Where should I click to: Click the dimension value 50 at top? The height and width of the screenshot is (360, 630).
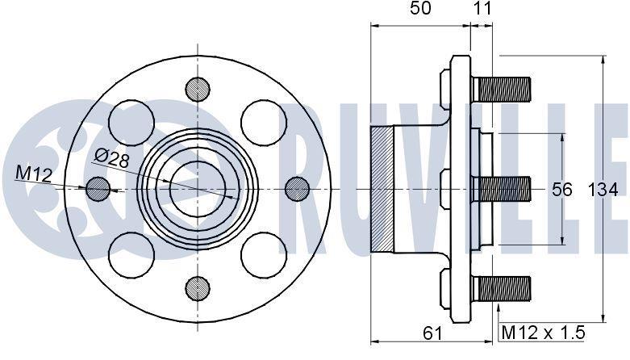click(x=420, y=8)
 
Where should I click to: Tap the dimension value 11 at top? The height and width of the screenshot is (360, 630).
click(x=482, y=8)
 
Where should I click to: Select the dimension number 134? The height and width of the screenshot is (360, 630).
click(x=603, y=190)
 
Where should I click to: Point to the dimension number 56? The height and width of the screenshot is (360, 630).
click(x=561, y=190)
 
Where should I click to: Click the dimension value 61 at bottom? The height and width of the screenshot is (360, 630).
click(x=432, y=333)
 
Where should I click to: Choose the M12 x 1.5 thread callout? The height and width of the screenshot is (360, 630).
click(x=543, y=333)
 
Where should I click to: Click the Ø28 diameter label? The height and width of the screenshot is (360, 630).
click(x=112, y=158)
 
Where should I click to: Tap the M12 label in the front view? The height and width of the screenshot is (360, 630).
click(x=34, y=174)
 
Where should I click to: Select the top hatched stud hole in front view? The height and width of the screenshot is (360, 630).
click(x=198, y=90)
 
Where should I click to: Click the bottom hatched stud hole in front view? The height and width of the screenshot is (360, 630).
click(x=198, y=288)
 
